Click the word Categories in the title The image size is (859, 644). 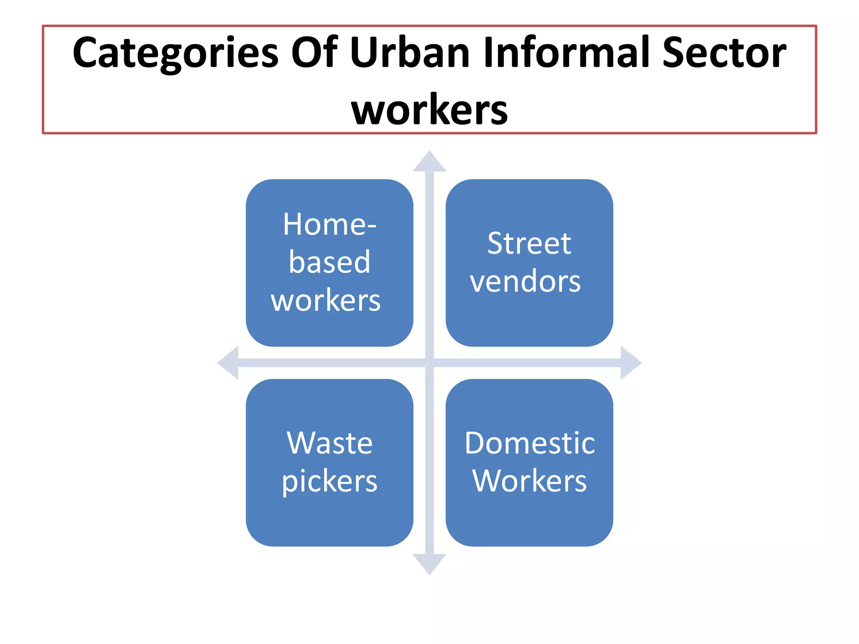[175, 54]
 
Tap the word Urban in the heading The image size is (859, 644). [410, 53]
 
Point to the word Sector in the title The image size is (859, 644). [724, 53]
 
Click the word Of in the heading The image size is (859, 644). [315, 53]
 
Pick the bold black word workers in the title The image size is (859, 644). [429, 110]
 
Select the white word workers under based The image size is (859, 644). [326, 300]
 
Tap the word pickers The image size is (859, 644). [330, 481]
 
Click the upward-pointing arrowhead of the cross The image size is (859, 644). [429, 163]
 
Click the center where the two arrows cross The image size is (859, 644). [429, 363]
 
